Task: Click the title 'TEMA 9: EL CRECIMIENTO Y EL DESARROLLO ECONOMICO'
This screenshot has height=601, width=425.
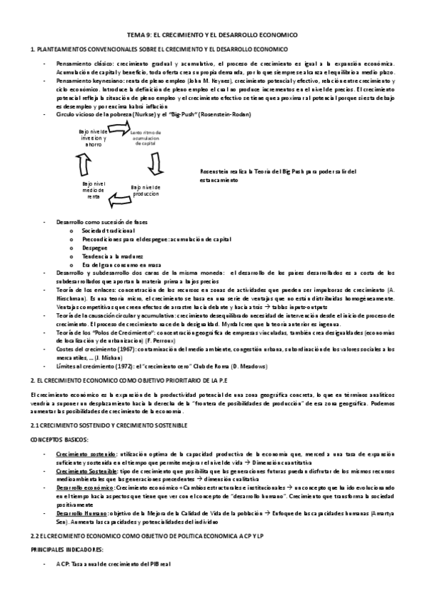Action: pyautogui.click(x=212, y=34)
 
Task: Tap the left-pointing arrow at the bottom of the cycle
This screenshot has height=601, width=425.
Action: pyautogui.click(x=118, y=201)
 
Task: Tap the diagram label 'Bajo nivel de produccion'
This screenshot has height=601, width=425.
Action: pyautogui.click(x=150, y=191)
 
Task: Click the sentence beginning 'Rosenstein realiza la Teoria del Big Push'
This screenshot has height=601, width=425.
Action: pyautogui.click(x=278, y=175)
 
